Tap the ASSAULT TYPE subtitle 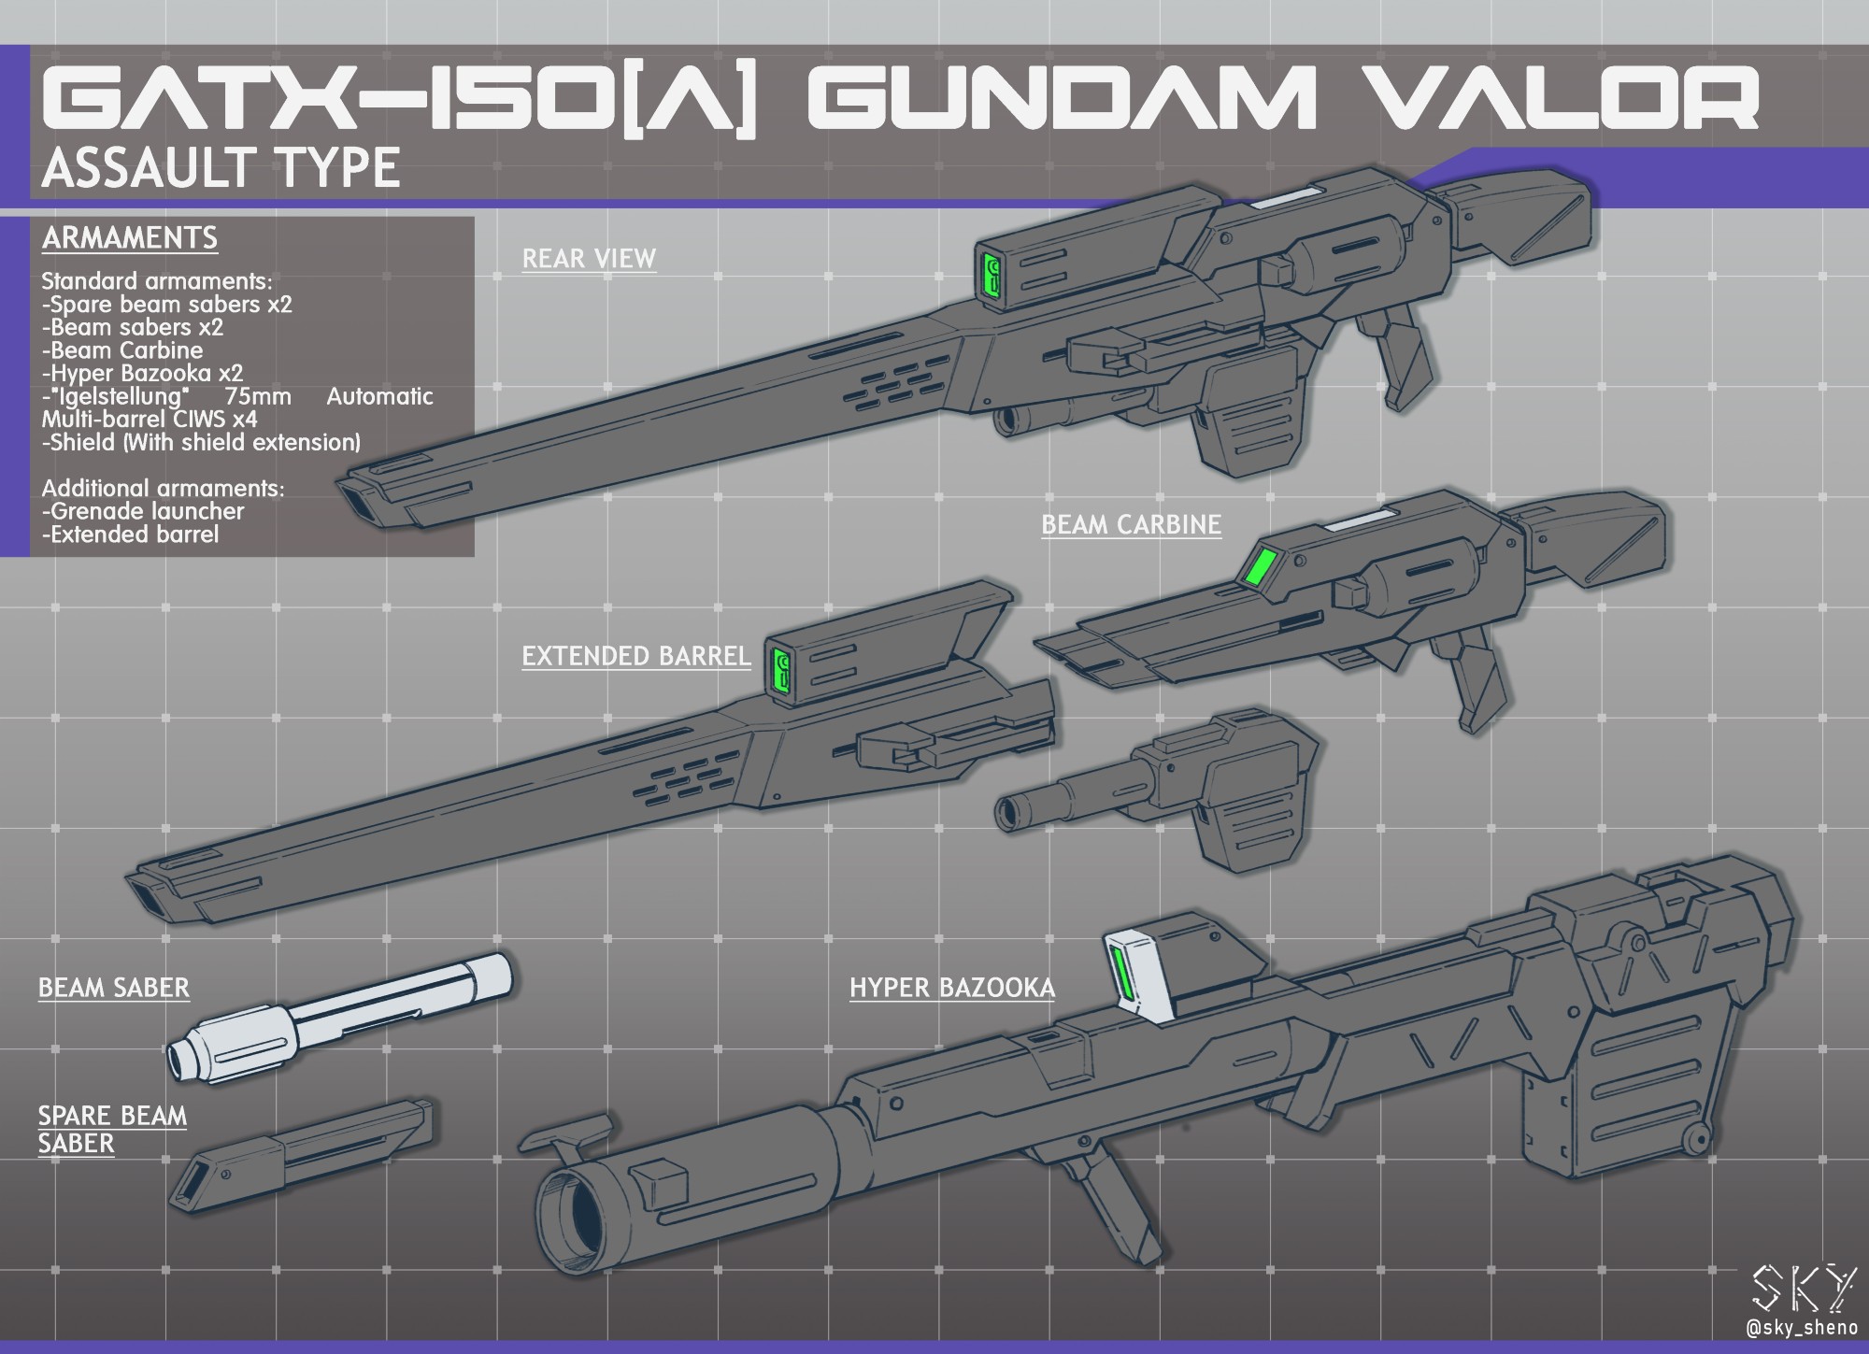[221, 168]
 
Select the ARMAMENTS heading [130, 238]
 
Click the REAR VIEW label [589, 259]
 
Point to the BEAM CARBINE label [1131, 525]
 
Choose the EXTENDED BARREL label [635, 656]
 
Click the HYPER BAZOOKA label [951, 988]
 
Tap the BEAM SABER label [114, 988]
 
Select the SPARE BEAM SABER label [112, 1129]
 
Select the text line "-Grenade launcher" [143, 511]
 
